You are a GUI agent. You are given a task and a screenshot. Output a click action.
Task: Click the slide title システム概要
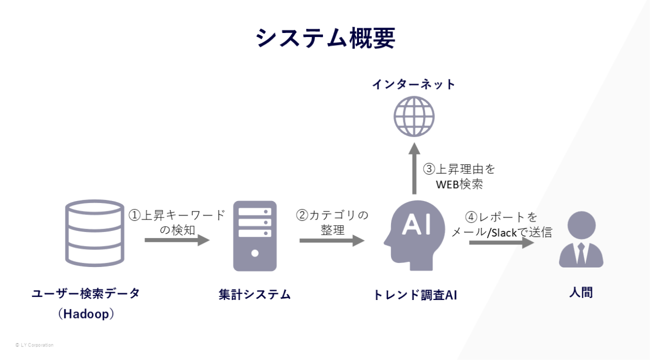point(325,38)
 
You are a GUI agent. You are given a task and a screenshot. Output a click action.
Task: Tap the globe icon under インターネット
point(413,115)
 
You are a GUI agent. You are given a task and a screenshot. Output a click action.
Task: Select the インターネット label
point(413,84)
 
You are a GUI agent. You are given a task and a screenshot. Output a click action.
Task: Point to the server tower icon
point(255,235)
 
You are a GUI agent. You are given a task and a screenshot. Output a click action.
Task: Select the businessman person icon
point(580,239)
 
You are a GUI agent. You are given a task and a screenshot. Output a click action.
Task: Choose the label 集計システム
point(255,294)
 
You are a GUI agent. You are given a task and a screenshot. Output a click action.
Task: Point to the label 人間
point(580,293)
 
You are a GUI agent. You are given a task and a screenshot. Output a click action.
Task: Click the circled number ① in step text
point(135,215)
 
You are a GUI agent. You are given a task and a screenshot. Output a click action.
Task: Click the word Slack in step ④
point(503,232)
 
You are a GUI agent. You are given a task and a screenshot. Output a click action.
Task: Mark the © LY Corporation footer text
point(34,345)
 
